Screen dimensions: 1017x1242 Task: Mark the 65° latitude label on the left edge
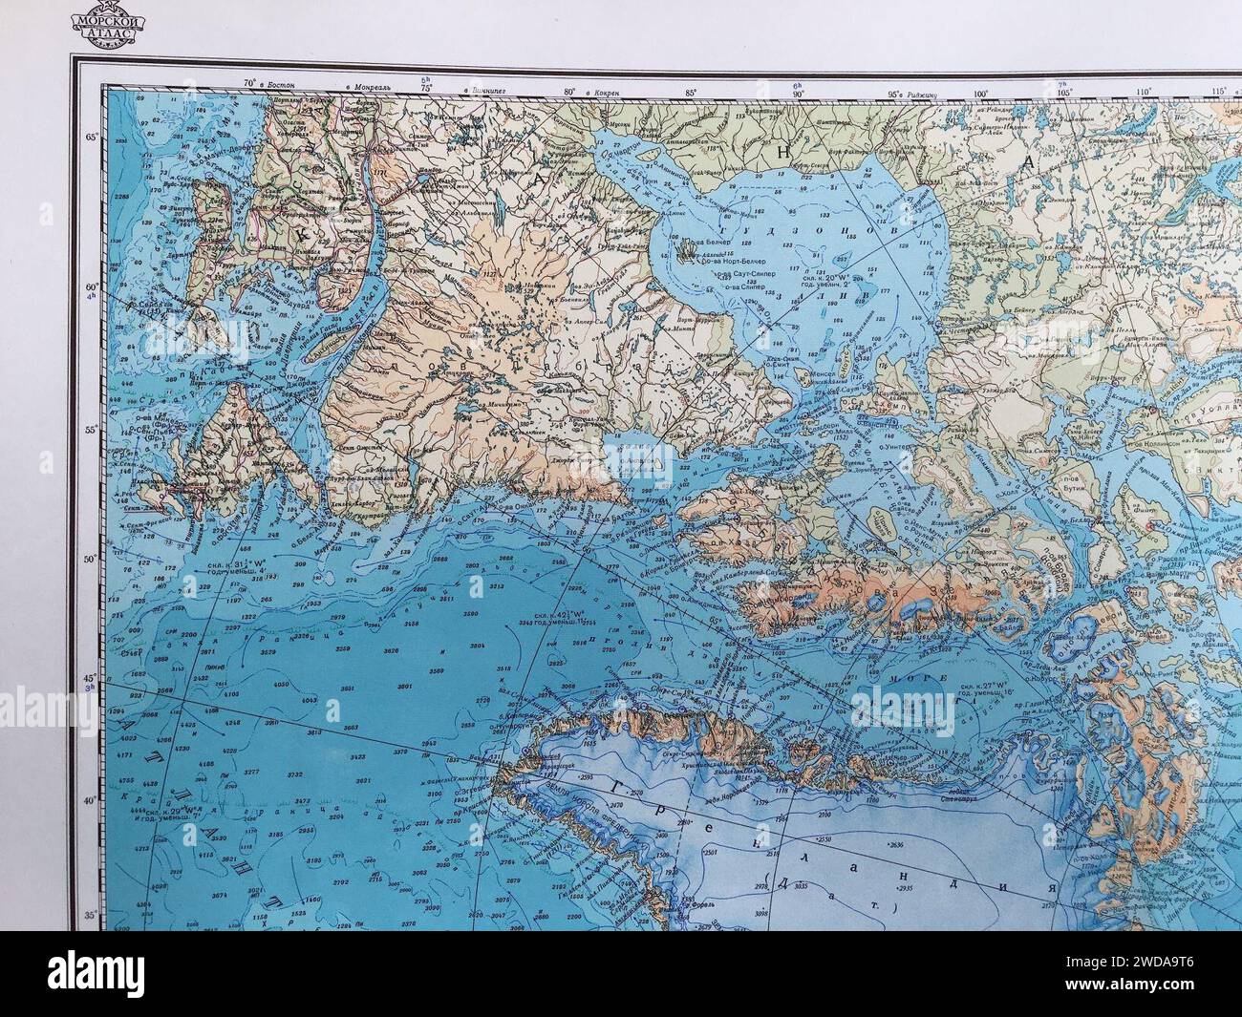(x=93, y=137)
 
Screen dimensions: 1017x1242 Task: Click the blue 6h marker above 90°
(x=795, y=85)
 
